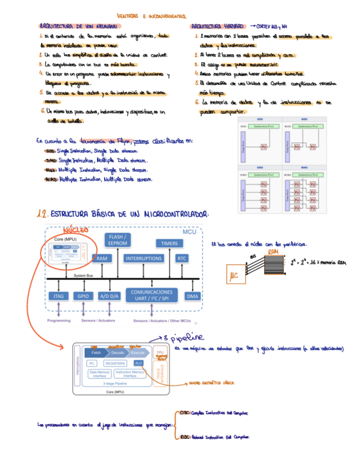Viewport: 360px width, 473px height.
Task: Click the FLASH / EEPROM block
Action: [x=118, y=240]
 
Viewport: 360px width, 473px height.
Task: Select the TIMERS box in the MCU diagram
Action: [x=169, y=243]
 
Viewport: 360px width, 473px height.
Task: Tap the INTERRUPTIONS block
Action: [x=143, y=259]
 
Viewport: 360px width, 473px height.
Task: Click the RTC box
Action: [x=182, y=259]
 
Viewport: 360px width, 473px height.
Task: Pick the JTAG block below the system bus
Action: [x=59, y=296]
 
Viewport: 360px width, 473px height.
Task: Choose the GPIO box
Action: [x=83, y=296]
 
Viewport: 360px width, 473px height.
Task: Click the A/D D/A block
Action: [x=110, y=296]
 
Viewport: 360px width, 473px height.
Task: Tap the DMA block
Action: [x=192, y=296]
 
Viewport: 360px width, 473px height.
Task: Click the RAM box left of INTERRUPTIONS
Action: [x=101, y=259]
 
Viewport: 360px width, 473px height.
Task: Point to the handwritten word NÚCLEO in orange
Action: [x=75, y=230]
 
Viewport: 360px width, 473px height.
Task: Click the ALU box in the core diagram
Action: [x=139, y=363]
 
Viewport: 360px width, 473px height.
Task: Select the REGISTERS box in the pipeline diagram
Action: [x=115, y=363]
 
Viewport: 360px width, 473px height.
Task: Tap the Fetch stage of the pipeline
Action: [x=96, y=353]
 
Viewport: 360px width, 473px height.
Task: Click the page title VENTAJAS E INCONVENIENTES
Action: [x=151, y=16]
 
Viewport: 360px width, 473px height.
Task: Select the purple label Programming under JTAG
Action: [x=59, y=321]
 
